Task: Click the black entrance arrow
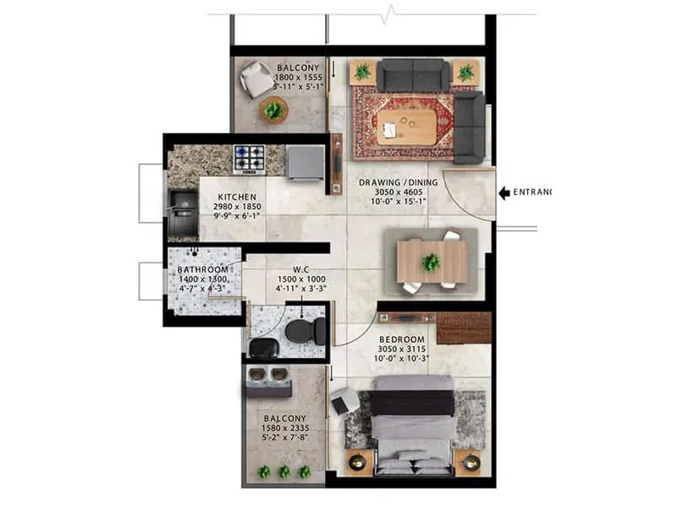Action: point(505,193)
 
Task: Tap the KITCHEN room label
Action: point(225,196)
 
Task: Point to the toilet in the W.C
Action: point(301,330)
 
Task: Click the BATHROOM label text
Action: point(202,269)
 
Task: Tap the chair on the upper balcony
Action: point(256,80)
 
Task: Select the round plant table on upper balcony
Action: point(273,109)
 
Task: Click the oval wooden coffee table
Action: point(406,125)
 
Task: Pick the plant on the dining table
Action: point(432,262)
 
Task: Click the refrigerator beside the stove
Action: point(305,162)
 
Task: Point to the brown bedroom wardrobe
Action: point(464,328)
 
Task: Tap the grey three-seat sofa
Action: point(413,75)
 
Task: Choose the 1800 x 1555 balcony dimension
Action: point(298,77)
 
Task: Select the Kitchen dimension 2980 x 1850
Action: point(236,207)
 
